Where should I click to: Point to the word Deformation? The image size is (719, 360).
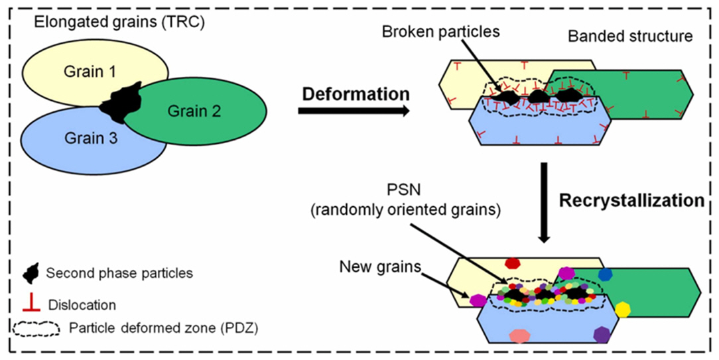click(x=356, y=93)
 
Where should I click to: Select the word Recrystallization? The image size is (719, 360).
click(x=631, y=200)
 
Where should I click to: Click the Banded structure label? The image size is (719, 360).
click(x=630, y=36)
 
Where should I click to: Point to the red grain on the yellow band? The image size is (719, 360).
click(x=512, y=263)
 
